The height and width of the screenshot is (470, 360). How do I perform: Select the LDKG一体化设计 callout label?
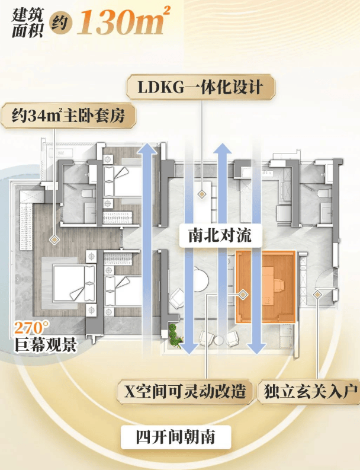coord(201,89)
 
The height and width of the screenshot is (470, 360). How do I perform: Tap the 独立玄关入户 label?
coord(308,392)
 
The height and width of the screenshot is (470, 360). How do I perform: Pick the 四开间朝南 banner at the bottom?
coord(175,438)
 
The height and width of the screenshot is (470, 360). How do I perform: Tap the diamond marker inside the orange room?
coord(243,293)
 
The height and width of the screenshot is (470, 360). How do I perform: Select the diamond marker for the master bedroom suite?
coord(54,239)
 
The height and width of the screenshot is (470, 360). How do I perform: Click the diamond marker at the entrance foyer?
coord(317,293)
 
